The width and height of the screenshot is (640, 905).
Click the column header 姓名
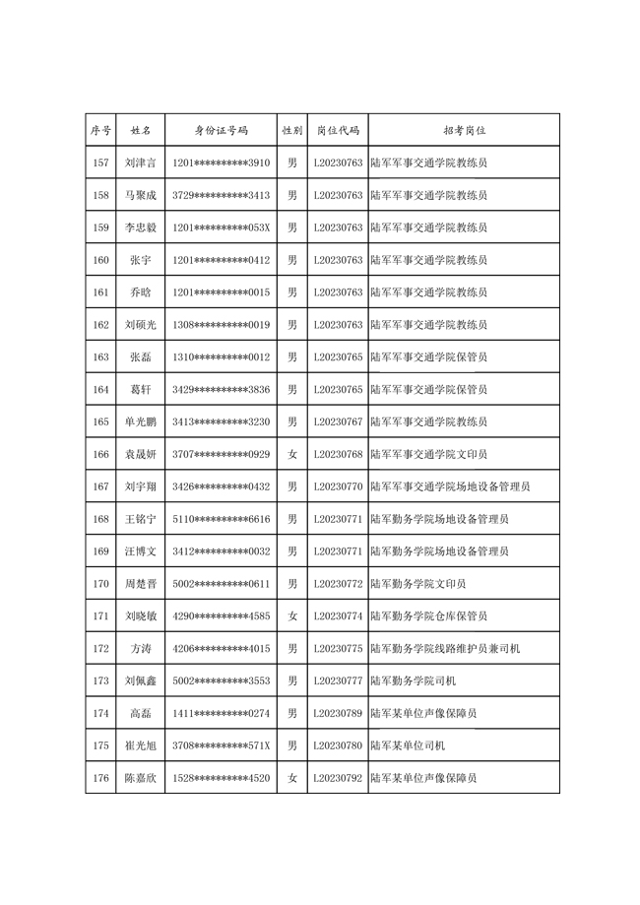[x=141, y=130]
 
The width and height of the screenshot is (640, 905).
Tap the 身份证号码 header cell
[x=221, y=130]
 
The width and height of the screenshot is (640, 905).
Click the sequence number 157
[x=100, y=162]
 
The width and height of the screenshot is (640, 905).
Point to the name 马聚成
[x=141, y=195]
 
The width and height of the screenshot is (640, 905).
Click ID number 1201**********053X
[x=221, y=227]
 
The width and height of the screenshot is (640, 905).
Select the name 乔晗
[x=141, y=292]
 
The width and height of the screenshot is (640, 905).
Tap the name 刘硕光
[x=141, y=325]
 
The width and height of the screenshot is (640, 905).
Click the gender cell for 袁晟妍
[x=291, y=454]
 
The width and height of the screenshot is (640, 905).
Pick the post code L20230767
[x=338, y=421]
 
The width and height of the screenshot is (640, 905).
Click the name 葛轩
[x=141, y=389]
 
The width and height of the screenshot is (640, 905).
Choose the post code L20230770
[x=338, y=486]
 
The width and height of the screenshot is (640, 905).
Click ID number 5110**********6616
[x=221, y=519]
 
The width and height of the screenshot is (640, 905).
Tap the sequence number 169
[x=100, y=551]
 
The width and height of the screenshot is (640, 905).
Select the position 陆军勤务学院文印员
[x=418, y=584]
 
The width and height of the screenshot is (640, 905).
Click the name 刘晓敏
[x=141, y=616]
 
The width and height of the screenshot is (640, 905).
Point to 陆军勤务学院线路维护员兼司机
[x=445, y=649]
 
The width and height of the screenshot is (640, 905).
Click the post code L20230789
[x=338, y=713]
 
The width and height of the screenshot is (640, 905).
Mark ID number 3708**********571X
[x=221, y=745]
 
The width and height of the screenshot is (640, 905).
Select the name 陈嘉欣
[x=141, y=778]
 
